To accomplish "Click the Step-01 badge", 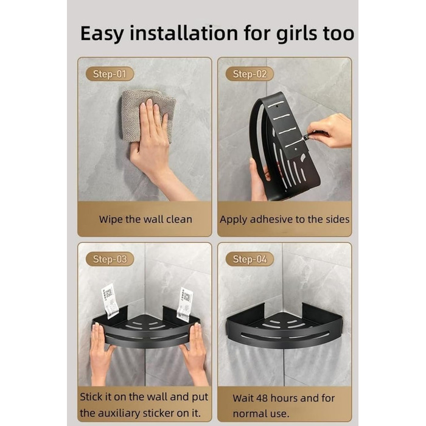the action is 110,74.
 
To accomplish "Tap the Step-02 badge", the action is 250,74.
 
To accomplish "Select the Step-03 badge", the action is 110,259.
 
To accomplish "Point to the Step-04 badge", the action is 250,259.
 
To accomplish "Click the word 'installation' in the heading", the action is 184,33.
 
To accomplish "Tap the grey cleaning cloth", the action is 148,116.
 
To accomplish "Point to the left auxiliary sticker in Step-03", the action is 110,301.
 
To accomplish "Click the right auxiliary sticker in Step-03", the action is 184,305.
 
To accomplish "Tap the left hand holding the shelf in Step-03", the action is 100,353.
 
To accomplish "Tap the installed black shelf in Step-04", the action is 284,326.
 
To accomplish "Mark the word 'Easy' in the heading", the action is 102,34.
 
